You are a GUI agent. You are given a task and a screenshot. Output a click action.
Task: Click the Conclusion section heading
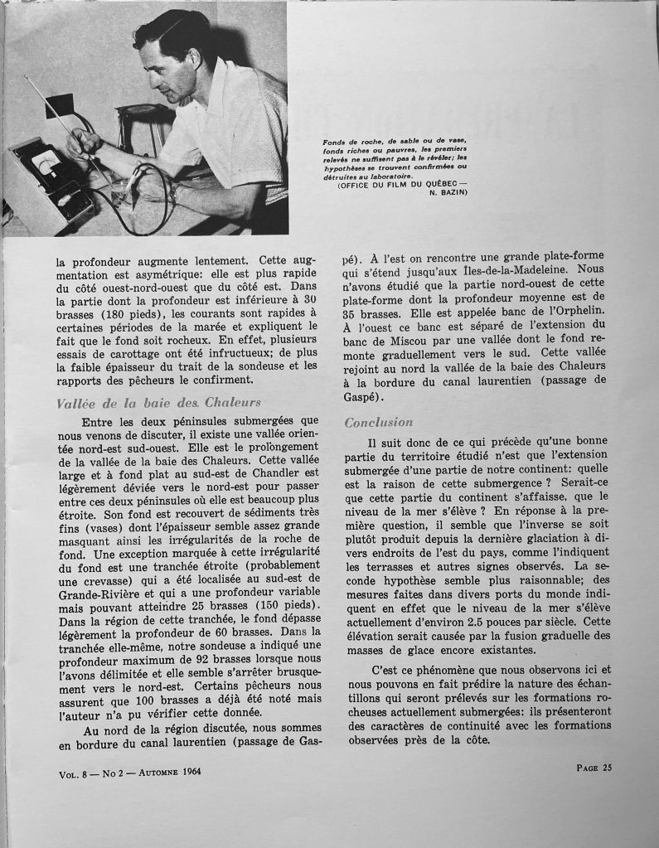[378, 423]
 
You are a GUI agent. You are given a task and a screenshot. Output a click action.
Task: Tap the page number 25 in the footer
[594, 768]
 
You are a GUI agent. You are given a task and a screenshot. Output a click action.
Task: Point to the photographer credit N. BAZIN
[444, 192]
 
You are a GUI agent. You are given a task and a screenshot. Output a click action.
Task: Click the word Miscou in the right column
[408, 359]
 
